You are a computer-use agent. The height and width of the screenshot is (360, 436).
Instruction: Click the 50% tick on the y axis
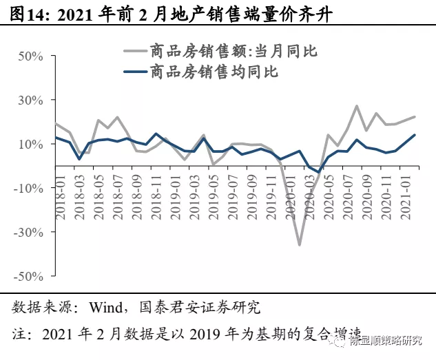[x=30, y=56]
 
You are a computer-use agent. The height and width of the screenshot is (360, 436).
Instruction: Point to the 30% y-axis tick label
[x=30, y=100]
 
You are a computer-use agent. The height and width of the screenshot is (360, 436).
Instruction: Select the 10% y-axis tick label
[x=30, y=144]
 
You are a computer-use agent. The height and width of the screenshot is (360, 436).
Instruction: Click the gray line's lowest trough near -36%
[x=300, y=245]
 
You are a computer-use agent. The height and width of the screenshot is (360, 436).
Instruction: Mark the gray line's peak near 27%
[x=357, y=106]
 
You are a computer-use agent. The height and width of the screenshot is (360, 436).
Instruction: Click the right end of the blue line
[x=415, y=135]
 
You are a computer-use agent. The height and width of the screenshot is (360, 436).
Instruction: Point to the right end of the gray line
[x=415, y=117]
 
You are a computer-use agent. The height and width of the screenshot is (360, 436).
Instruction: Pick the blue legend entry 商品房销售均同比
[x=207, y=72]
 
